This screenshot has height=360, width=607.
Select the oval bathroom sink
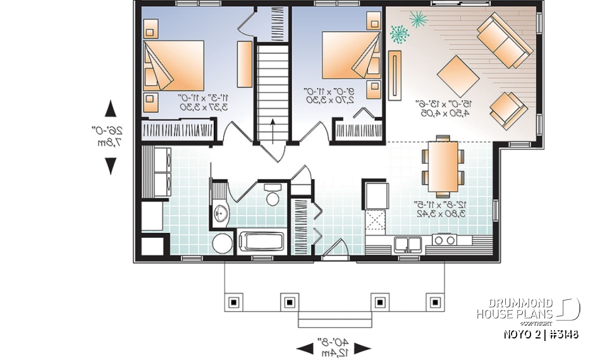220,214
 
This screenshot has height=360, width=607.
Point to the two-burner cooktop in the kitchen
445,240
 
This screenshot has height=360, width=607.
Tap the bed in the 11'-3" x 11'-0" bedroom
174,66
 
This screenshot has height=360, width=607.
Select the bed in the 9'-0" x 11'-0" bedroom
351,59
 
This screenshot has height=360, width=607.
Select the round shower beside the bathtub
222,244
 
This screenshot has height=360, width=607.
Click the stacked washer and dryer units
156,170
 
